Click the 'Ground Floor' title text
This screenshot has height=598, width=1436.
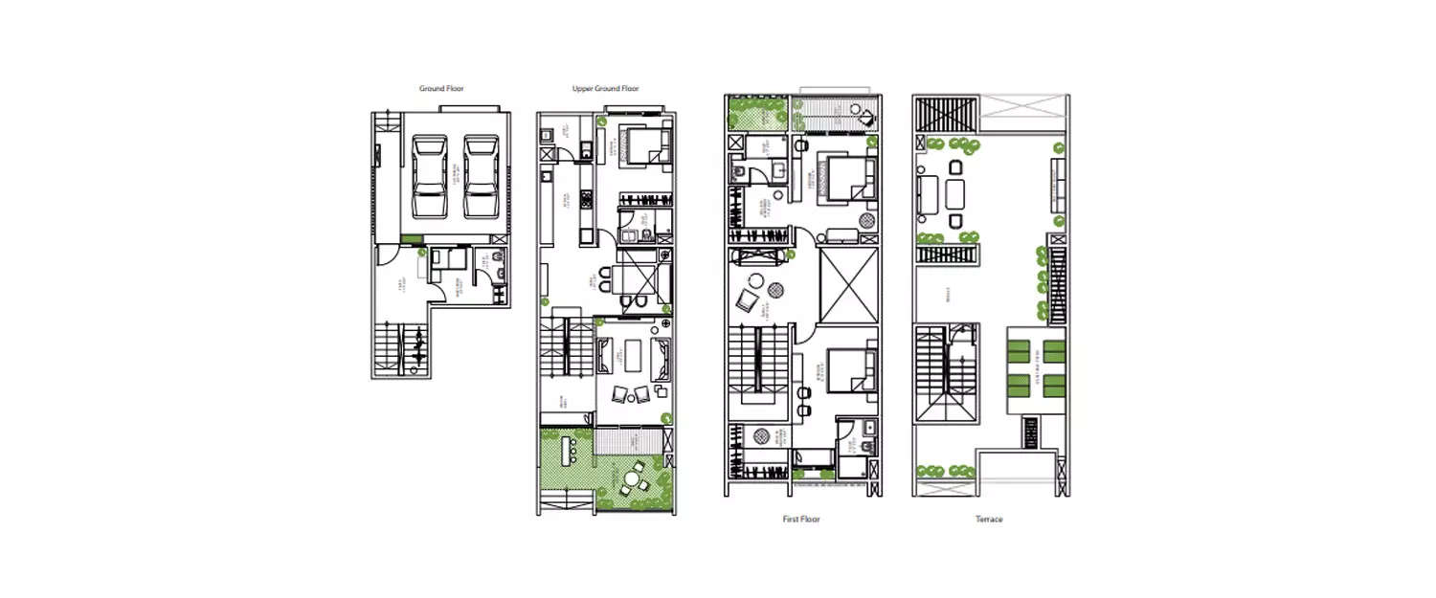tap(441, 89)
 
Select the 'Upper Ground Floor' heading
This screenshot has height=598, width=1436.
tap(605, 89)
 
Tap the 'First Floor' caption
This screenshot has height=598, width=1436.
tap(801, 520)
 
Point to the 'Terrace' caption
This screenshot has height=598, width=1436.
tap(989, 520)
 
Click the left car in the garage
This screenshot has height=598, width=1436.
tap(429, 177)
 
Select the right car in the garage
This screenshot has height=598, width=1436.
tap(481, 177)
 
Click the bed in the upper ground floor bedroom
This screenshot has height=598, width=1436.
tap(643, 147)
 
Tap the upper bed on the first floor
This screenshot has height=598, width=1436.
tap(848, 178)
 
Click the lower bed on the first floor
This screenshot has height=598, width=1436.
tap(850, 370)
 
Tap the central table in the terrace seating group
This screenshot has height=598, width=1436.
tap(955, 194)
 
